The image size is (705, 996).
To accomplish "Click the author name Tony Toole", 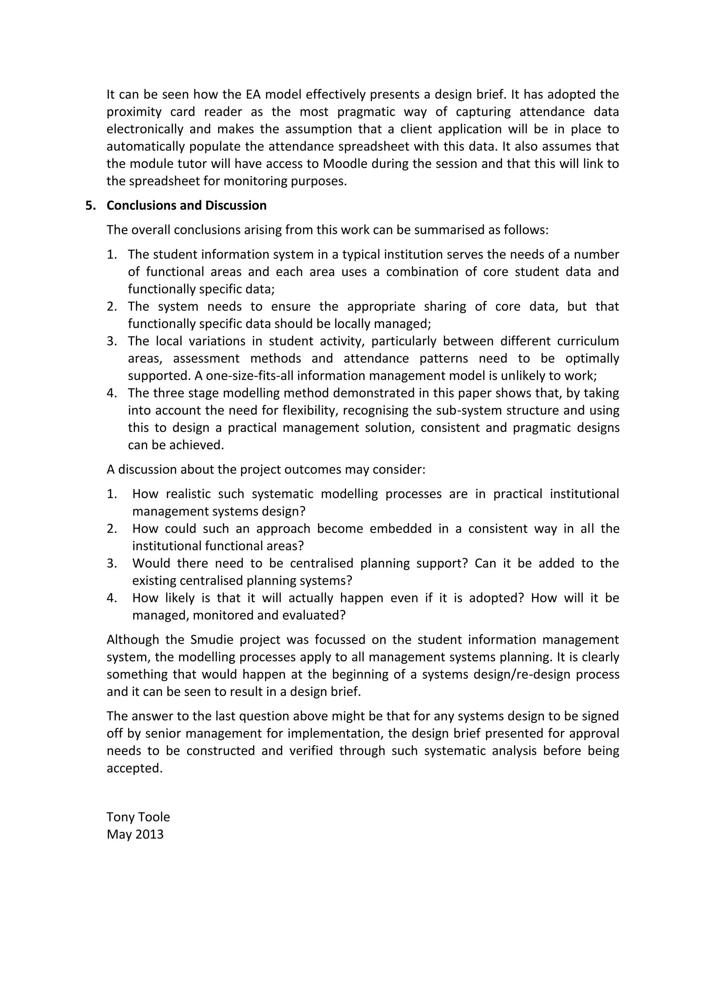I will (x=138, y=817).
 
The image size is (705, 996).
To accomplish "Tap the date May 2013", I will (x=135, y=834).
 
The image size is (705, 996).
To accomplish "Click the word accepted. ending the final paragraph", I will (x=135, y=768).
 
